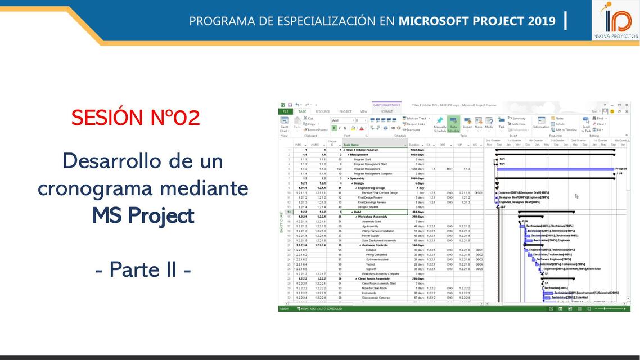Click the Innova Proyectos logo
(x=616, y=21)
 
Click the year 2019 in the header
(x=541, y=21)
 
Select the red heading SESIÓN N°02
(x=136, y=118)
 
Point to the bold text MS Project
(x=143, y=215)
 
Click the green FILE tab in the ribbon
(x=285, y=111)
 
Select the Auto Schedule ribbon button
(x=453, y=125)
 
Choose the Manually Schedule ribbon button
(x=440, y=125)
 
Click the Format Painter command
(x=317, y=130)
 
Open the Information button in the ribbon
(x=541, y=124)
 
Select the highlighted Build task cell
(x=374, y=212)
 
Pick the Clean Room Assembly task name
(x=374, y=278)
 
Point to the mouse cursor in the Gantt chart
(x=576, y=196)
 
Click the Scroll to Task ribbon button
(x=586, y=125)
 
